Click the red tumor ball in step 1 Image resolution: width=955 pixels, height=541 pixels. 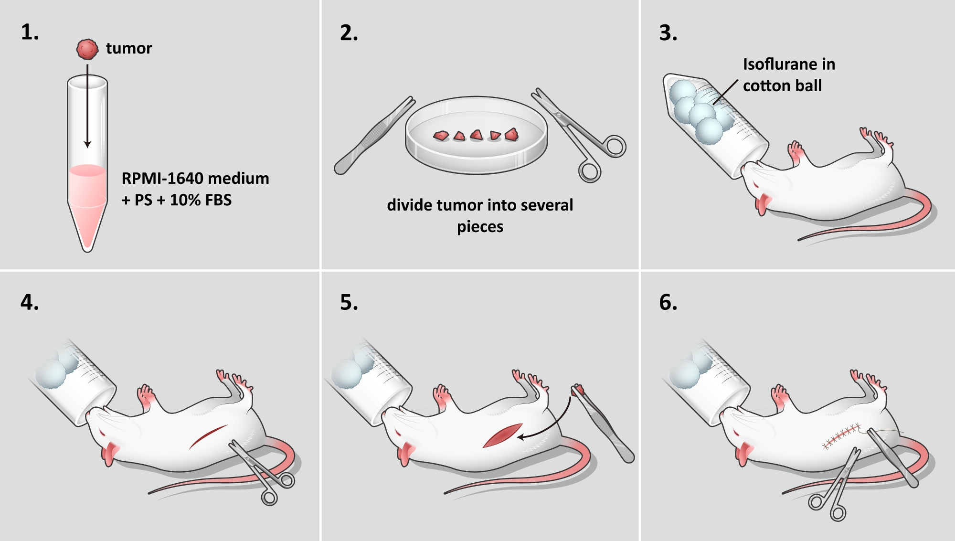tap(87, 49)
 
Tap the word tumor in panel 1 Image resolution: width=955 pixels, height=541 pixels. tap(129, 48)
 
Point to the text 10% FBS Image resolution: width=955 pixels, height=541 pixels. tap(201, 200)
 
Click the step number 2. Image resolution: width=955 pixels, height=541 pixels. tap(349, 33)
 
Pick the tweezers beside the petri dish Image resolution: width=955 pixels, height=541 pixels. tap(372, 136)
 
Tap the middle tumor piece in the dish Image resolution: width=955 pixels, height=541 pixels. tap(477, 135)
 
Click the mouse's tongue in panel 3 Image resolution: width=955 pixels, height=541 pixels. tap(762, 203)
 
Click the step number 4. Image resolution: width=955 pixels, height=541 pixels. tap(30, 302)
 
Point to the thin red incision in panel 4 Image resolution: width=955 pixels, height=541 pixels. tap(208, 436)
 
